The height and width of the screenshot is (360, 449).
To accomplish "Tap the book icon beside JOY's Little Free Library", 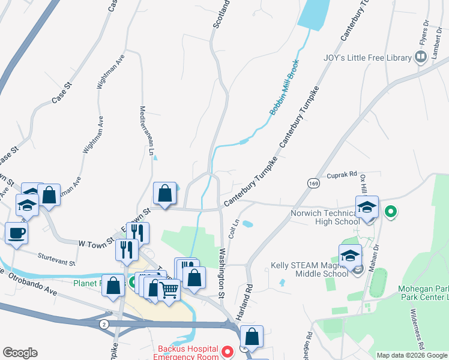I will coord(421,58).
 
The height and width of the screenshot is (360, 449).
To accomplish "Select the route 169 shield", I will coord(313,184).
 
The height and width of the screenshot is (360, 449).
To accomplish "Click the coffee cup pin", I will coord(16,232).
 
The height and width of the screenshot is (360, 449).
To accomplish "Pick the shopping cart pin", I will coord(169,290).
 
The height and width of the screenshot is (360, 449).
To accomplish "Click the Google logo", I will coord(20,353).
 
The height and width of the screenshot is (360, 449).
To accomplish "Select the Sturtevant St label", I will coord(56,259).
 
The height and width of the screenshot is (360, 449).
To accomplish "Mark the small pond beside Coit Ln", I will coord(247,224).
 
